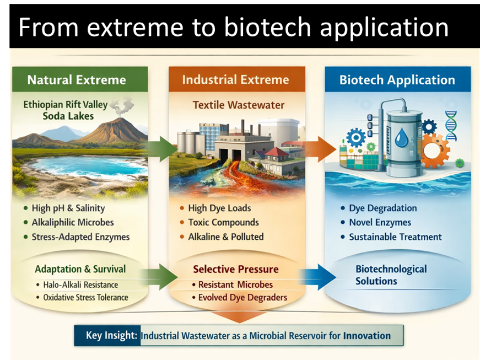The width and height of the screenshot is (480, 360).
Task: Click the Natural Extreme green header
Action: point(77,80)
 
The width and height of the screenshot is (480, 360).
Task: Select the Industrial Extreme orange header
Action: point(235,79)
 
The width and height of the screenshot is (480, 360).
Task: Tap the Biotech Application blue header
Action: point(397,80)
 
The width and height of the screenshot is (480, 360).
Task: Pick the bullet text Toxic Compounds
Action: point(223,223)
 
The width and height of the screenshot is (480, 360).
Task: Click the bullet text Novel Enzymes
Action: point(380,223)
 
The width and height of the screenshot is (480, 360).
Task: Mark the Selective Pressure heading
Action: point(236,270)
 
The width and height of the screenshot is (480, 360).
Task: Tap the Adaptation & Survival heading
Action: point(80,270)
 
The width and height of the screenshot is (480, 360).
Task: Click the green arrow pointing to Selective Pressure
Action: point(160,274)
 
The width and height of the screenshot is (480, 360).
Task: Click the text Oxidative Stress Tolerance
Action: point(85,298)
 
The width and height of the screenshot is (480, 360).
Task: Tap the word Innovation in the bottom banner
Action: point(366,335)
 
